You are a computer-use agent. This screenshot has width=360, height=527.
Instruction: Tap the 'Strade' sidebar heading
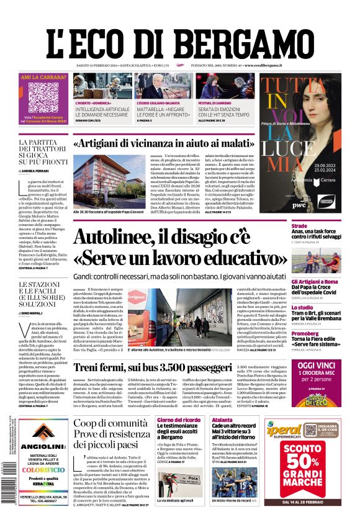tap(299, 227)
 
